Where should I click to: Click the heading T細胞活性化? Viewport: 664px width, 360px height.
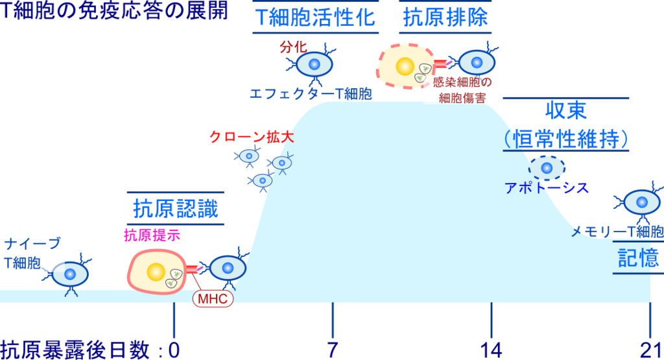coord(316,18)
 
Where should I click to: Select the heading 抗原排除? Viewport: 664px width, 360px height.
coord(445,18)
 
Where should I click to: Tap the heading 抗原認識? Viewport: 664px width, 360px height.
coord(176,209)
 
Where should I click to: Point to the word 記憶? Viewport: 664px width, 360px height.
coord(638,258)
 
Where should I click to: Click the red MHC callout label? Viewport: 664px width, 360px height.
coord(213,298)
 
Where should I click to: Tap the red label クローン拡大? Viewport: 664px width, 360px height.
coord(252,137)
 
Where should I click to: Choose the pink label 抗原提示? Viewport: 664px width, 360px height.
coord(152,235)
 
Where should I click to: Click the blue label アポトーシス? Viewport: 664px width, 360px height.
coord(546,187)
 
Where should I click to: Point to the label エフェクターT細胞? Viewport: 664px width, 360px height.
coord(311,93)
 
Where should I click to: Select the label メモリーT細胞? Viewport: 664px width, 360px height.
coord(617,232)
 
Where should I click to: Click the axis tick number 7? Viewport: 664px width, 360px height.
coord(333,350)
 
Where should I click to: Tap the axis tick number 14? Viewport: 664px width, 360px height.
coord(492,350)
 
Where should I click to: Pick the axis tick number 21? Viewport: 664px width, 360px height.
coord(651,350)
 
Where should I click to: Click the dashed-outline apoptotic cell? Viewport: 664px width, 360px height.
coord(547,168)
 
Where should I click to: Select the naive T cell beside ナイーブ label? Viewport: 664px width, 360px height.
coord(67,274)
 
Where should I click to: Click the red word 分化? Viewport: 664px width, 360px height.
coord(293,47)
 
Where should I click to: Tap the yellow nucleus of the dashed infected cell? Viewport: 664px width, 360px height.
coord(405,67)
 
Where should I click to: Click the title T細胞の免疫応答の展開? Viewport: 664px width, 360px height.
coord(114,10)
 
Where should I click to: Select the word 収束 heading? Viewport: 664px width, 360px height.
coord(566,110)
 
